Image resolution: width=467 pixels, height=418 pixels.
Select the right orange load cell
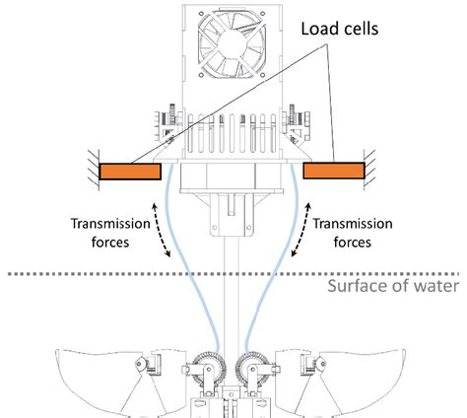click(x=335, y=172)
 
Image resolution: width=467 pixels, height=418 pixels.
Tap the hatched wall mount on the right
click(x=371, y=171)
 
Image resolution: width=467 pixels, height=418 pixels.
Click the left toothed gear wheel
click(x=211, y=367)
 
